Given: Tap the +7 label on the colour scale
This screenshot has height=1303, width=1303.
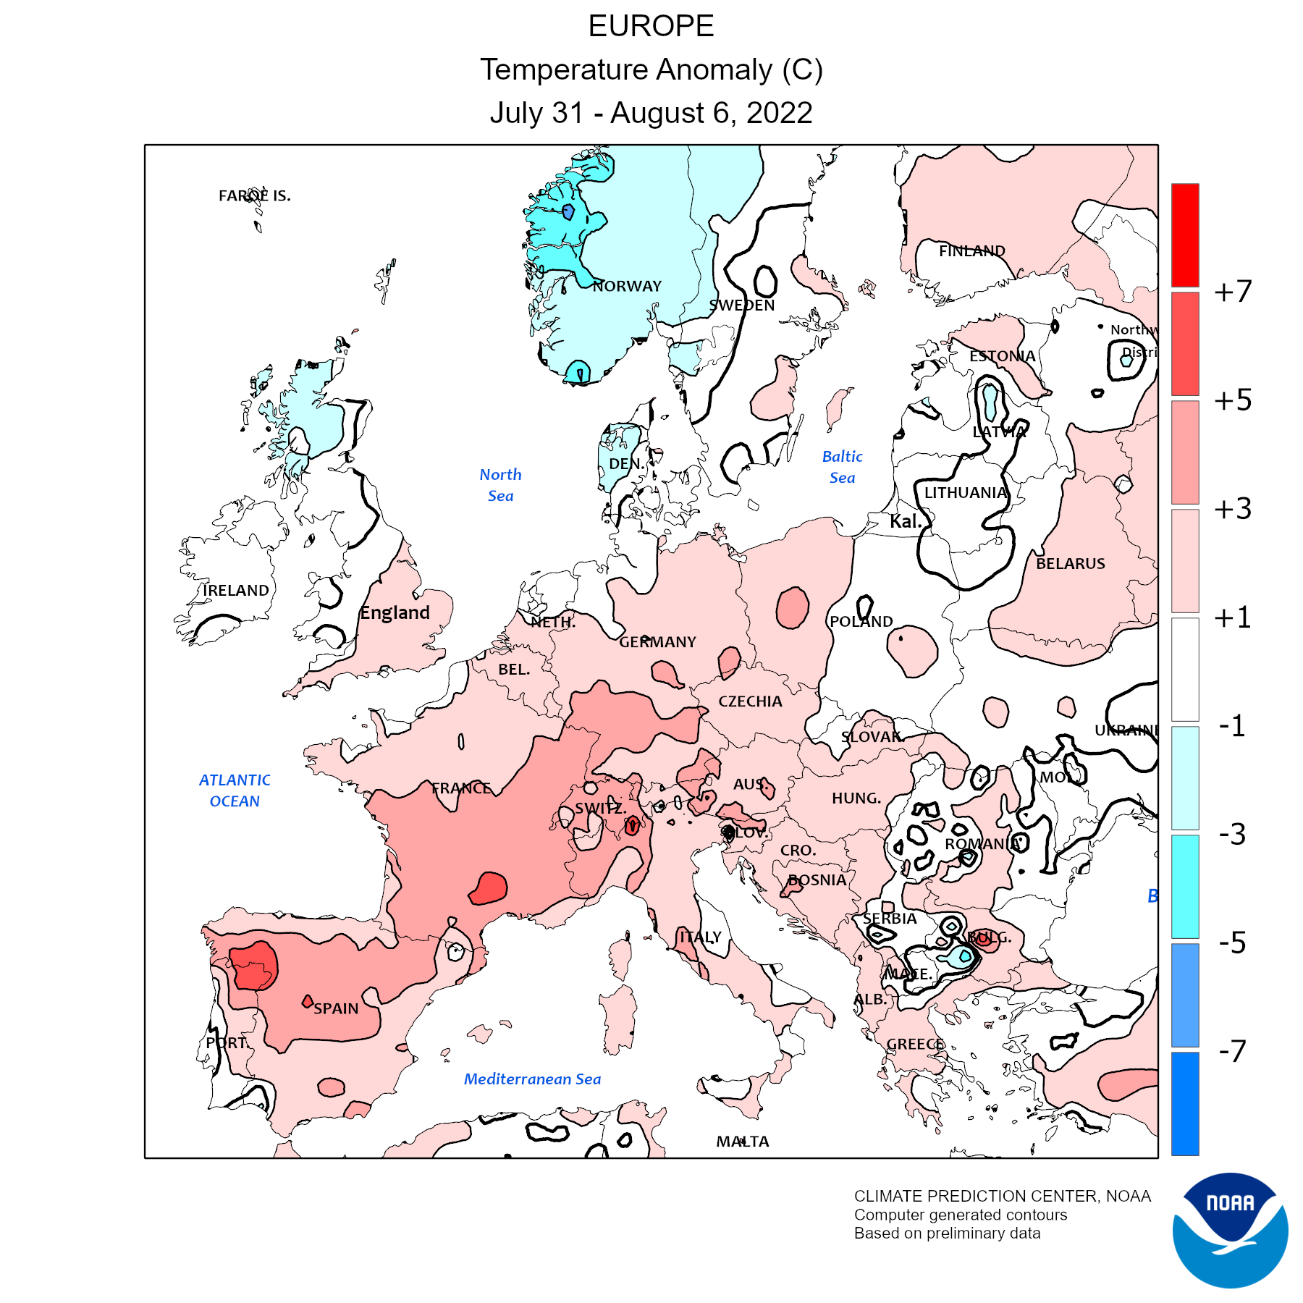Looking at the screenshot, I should pyautogui.click(x=1233, y=292).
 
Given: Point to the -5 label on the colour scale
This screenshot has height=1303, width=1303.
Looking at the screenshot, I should pyautogui.click(x=1233, y=943).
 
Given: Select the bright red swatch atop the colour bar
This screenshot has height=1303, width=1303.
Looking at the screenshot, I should pyautogui.click(x=1185, y=235).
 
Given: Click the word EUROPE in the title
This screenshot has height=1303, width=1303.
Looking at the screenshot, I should pyautogui.click(x=651, y=27).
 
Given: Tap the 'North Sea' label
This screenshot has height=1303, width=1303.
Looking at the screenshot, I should pyautogui.click(x=500, y=485).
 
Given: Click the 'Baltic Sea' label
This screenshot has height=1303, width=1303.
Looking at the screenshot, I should pyautogui.click(x=843, y=467).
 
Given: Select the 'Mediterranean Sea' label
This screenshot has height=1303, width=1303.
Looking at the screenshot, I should pyautogui.click(x=532, y=1079).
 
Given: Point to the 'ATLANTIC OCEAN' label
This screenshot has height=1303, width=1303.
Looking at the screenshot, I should pyautogui.click(x=235, y=790).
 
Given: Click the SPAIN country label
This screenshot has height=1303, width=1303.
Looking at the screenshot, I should pyautogui.click(x=336, y=1008).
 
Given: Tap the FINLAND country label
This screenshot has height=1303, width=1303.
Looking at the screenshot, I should pyautogui.click(x=972, y=251).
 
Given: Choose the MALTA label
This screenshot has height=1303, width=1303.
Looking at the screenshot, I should pyautogui.click(x=743, y=1142).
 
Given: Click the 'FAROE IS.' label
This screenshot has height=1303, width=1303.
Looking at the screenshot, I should pyautogui.click(x=255, y=195).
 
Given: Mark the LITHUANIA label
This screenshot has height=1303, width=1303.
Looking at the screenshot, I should pyautogui.click(x=966, y=493).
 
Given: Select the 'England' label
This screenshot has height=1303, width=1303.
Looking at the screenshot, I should pyautogui.click(x=395, y=613).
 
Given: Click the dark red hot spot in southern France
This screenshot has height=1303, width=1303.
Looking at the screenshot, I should pyautogui.click(x=489, y=888).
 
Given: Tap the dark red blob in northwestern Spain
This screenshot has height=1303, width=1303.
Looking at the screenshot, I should pyautogui.click(x=254, y=966).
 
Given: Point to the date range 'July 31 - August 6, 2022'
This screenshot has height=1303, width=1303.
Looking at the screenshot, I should pyautogui.click(x=651, y=113).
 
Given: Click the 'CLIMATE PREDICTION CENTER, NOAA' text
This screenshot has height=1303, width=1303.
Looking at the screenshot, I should pyautogui.click(x=1002, y=1196).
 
